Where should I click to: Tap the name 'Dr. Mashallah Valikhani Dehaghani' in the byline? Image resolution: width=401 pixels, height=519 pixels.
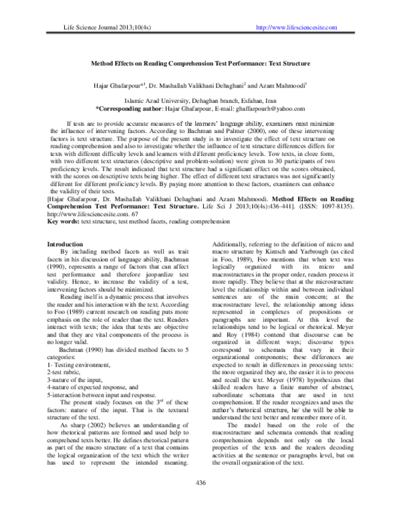point(196,87)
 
